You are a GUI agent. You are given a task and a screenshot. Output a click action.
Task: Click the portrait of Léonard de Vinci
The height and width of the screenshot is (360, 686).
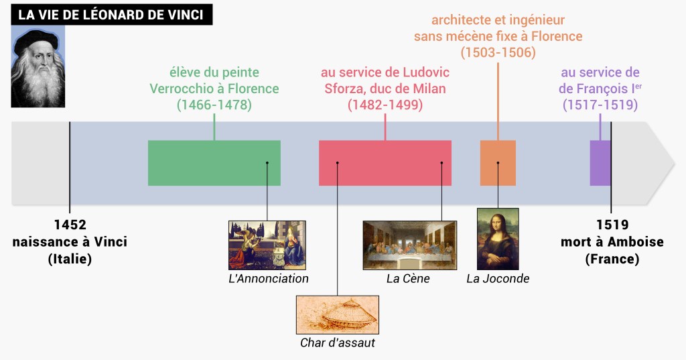(x=38, y=67)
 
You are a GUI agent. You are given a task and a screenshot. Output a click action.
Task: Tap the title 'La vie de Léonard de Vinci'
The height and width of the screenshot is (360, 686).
(x=111, y=15)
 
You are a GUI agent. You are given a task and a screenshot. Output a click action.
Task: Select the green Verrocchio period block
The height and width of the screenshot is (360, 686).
(x=214, y=163)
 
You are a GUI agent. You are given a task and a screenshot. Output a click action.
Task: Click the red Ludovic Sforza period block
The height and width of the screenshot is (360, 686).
(x=385, y=163)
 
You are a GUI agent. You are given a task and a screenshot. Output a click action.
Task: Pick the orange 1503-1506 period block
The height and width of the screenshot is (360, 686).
(x=498, y=163)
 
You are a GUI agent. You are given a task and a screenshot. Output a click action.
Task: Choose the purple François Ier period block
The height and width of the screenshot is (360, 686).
(x=600, y=163)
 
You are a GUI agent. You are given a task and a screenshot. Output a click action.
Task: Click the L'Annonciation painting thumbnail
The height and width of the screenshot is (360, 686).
(x=267, y=245)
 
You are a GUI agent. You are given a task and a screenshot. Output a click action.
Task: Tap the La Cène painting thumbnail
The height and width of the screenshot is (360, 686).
(x=409, y=245)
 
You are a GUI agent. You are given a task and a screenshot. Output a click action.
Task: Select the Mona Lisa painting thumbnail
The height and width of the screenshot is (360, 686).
(x=498, y=239)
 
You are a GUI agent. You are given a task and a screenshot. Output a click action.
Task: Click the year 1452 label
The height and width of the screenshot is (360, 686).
(x=70, y=225)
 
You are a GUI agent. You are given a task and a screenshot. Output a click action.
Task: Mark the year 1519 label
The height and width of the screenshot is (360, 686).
(x=612, y=225)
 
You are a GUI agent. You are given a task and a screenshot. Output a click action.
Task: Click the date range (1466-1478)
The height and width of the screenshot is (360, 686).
(x=214, y=105)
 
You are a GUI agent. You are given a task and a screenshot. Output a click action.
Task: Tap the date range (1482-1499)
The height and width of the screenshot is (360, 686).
(x=385, y=105)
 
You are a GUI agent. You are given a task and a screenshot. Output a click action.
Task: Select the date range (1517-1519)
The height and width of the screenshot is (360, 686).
(x=600, y=105)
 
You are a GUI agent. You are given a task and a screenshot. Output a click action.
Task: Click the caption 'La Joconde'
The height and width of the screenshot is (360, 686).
(x=498, y=278)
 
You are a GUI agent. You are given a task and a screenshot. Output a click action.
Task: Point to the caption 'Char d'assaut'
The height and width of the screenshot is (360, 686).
(x=337, y=343)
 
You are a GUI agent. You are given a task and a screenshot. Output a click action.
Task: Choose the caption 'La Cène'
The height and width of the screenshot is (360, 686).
(x=408, y=278)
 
